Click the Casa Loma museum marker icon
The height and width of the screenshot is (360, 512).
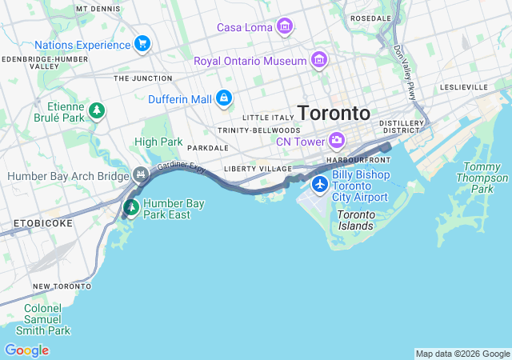[284, 28]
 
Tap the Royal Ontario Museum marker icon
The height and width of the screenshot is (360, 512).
[319, 61]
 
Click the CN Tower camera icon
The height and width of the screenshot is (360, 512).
[337, 142]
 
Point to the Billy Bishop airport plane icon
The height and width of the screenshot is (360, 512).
[320, 186]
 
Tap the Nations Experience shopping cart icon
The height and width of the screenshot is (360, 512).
[142, 43]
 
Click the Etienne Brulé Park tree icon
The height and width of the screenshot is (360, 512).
[97, 110]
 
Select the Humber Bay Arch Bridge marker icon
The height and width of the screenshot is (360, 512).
[142, 174]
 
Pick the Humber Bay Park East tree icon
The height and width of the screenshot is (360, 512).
[131, 208]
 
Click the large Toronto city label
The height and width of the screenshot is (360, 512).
[334, 112]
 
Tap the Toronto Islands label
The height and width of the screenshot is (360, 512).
[355, 220]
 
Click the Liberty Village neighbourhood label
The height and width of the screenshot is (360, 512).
[258, 169]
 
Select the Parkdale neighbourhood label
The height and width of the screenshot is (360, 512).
[208, 148]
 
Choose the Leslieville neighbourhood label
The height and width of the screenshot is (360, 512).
[463, 86]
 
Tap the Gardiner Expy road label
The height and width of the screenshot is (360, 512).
[182, 168]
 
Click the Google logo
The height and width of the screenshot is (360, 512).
[26, 350]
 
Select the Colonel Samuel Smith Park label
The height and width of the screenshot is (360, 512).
[46, 318]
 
